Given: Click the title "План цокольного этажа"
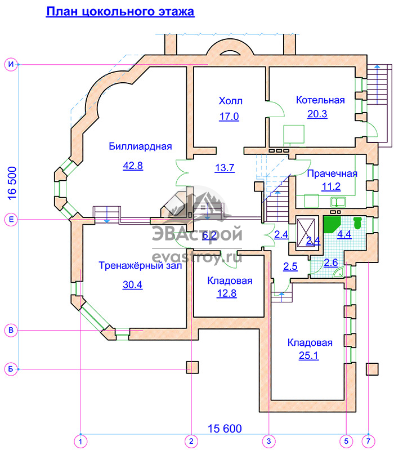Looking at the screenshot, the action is [x=120, y=11].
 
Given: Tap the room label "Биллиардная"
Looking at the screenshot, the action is [x=140, y=146].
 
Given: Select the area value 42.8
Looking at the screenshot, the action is [x=133, y=166].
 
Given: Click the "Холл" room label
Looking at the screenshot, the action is [x=231, y=101].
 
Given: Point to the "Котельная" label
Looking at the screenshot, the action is [x=320, y=100].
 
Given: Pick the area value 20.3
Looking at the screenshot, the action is [x=317, y=114].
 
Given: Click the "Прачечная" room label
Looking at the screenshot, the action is [x=332, y=173].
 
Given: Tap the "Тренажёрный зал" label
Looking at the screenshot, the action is [x=140, y=265].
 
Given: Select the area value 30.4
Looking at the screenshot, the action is [x=132, y=284].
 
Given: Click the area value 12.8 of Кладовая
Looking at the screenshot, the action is [x=226, y=293].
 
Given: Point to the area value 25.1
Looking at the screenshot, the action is [x=308, y=355].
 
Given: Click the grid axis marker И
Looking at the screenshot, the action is [x=11, y=64].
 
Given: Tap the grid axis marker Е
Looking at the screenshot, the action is [x=11, y=220].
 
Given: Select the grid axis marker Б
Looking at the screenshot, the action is [x=11, y=369].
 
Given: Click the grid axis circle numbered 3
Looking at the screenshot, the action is [x=268, y=442].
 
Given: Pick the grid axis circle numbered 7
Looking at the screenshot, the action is [x=369, y=442].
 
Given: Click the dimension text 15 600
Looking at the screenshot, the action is [x=225, y=429].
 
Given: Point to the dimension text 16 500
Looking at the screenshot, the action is [x=12, y=184].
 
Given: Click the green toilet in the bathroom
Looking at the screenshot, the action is [x=357, y=223].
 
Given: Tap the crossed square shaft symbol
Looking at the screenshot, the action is [x=306, y=233].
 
